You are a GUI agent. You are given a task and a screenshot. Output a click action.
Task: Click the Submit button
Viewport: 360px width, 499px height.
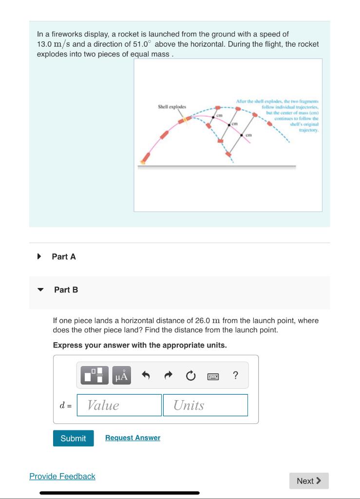tap(73, 438)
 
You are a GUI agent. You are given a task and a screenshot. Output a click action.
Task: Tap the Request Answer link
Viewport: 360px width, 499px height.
tap(133, 438)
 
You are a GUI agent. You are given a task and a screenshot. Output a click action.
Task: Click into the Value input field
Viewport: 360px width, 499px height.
tap(119, 405)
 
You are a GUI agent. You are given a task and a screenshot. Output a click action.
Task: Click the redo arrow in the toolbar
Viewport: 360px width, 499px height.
tap(168, 376)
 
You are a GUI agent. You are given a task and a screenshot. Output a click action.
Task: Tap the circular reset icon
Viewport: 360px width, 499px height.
tap(190, 376)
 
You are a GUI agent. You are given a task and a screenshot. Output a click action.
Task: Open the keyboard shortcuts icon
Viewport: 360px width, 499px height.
tap(213, 376)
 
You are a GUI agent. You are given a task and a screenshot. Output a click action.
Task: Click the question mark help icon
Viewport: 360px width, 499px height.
tap(235, 375)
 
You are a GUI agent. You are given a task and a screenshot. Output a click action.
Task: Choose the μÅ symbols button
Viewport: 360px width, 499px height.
tap(122, 376)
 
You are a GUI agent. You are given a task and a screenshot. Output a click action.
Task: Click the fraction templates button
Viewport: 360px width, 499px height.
tap(94, 376)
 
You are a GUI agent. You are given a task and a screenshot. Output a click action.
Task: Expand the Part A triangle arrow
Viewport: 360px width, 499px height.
tap(39, 256)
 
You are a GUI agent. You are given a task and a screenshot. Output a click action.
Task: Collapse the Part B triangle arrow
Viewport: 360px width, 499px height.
tap(41, 289)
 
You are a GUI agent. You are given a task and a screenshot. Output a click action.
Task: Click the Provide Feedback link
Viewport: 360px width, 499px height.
tap(62, 476)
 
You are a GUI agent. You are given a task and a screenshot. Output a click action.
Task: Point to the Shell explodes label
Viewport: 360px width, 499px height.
tap(171, 106)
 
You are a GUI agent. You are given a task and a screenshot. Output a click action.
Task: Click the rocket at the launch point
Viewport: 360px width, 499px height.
tap(145, 158)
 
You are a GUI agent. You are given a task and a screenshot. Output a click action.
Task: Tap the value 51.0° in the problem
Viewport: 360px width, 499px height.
tap(142, 44)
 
